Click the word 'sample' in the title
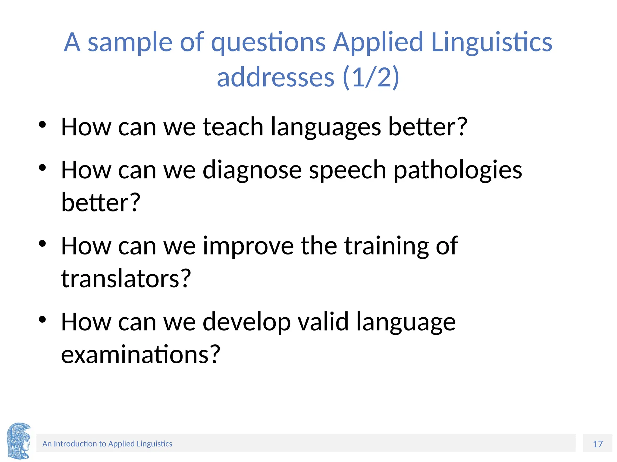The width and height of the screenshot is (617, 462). coord(130,43)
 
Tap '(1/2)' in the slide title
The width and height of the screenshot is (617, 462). coord(371,77)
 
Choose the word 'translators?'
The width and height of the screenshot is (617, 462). coord(126,278)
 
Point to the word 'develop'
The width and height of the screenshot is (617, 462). coord(246,322)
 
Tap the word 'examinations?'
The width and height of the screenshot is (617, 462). coord(141,354)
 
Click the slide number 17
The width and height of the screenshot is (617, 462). coord(598,444)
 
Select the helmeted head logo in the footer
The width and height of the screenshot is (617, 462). coord(19,441)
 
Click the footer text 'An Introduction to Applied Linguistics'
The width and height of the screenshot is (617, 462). coord(107,444)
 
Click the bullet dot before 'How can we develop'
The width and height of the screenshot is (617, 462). coord(42,319)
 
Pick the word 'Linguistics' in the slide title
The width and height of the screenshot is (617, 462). coord(492,43)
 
